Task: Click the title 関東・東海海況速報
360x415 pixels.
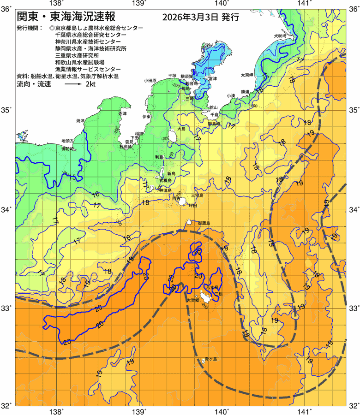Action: [69, 18]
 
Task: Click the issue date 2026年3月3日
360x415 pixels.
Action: [190, 18]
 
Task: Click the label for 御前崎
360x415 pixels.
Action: [68, 149]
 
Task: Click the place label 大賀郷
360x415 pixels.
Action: [193, 300]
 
